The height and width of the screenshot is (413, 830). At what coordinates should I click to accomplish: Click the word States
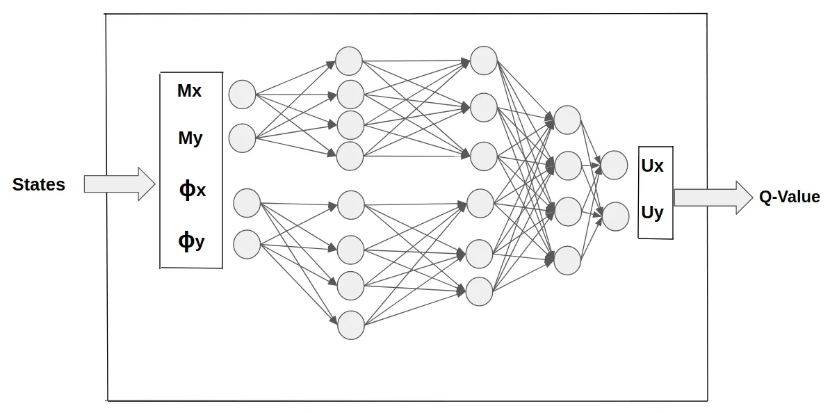click(39, 185)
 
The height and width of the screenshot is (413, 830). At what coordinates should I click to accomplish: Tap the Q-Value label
click(789, 197)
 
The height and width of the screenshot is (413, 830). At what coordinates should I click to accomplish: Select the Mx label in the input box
click(189, 91)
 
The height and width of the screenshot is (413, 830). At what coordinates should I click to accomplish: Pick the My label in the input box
click(190, 138)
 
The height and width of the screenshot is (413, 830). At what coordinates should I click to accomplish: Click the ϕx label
click(192, 190)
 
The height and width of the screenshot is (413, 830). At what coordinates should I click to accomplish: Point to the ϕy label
click(191, 241)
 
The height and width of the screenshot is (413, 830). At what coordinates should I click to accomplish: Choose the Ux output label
click(652, 167)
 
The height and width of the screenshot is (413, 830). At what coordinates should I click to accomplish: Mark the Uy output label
click(652, 213)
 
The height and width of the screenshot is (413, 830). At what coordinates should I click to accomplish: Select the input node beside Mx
click(243, 95)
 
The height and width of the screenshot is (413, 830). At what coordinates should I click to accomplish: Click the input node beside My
click(242, 138)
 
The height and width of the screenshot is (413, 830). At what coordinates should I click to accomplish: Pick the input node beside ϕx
click(247, 203)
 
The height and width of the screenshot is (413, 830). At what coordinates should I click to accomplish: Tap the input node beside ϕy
click(247, 244)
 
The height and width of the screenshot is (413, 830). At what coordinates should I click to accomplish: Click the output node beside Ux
click(615, 165)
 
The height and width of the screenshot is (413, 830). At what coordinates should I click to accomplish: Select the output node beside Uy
click(615, 216)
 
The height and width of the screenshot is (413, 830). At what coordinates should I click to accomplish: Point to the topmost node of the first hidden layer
click(349, 61)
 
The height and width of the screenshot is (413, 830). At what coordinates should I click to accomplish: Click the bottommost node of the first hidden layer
click(351, 325)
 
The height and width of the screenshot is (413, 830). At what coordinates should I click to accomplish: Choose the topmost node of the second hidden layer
click(484, 60)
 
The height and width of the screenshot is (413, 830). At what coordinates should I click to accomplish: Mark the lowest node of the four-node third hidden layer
click(568, 260)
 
